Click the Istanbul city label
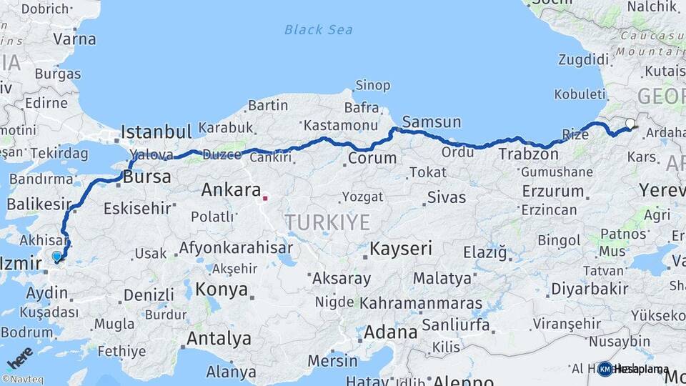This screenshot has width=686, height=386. pyautogui.click(x=156, y=132)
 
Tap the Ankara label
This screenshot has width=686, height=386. pyautogui.click(x=230, y=190)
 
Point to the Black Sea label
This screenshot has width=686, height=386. pyautogui.click(x=318, y=29)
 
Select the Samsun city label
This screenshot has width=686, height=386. pyautogui.click(x=432, y=122)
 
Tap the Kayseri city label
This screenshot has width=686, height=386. pyautogui.click(x=401, y=249)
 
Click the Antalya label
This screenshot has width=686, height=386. pyautogui.click(x=219, y=338)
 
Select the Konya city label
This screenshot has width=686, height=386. pyautogui.click(x=222, y=289)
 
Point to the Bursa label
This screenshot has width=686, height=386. pyautogui.click(x=146, y=177)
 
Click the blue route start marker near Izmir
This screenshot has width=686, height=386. pyautogui.click(x=57, y=256)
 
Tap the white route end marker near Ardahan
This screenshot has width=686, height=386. pyautogui.click(x=630, y=124)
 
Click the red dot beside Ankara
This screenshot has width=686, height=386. pyautogui.click(x=265, y=198)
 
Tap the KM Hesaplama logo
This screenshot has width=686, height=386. pyautogui.click(x=633, y=369)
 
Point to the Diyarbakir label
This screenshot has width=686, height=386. pyautogui.click(x=590, y=289)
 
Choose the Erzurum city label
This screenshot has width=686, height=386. pyautogui.click(x=553, y=191)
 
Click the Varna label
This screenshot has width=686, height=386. pyautogui.click(x=74, y=39)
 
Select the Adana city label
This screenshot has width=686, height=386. pyautogui.click(x=390, y=332)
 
